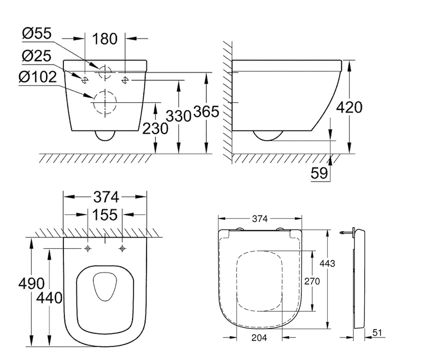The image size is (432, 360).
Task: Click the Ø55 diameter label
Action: [x=37, y=33]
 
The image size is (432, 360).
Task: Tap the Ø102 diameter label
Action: [x=37, y=77]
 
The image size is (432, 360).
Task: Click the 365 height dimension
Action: [x=206, y=112]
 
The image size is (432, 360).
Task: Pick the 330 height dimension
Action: [x=179, y=116]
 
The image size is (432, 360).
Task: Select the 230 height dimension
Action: [x=156, y=129]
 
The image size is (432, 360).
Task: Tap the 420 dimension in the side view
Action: [x=349, y=107]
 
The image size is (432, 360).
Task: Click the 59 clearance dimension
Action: [x=319, y=173]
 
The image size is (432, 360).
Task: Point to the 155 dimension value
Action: [x=105, y=215]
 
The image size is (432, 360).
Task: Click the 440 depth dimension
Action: [x=49, y=298]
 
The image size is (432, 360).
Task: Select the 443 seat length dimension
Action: [x=327, y=264]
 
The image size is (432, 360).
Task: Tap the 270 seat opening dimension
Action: [x=312, y=282]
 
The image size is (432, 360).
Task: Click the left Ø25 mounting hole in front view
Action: [x=85, y=80]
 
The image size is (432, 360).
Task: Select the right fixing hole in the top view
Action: [x=122, y=248]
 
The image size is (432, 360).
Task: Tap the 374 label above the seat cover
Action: [x=260, y=219]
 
